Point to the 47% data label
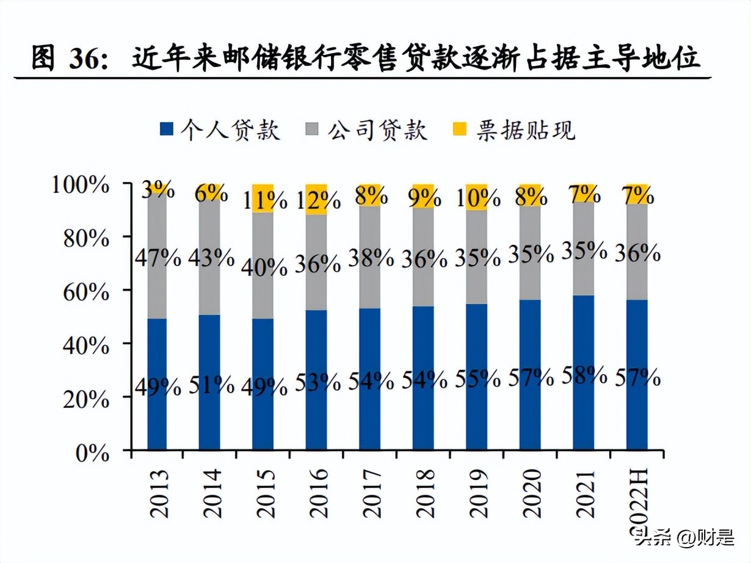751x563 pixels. [x=158, y=258]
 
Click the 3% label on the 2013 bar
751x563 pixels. [x=158, y=190]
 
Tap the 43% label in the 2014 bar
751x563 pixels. [x=211, y=258]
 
